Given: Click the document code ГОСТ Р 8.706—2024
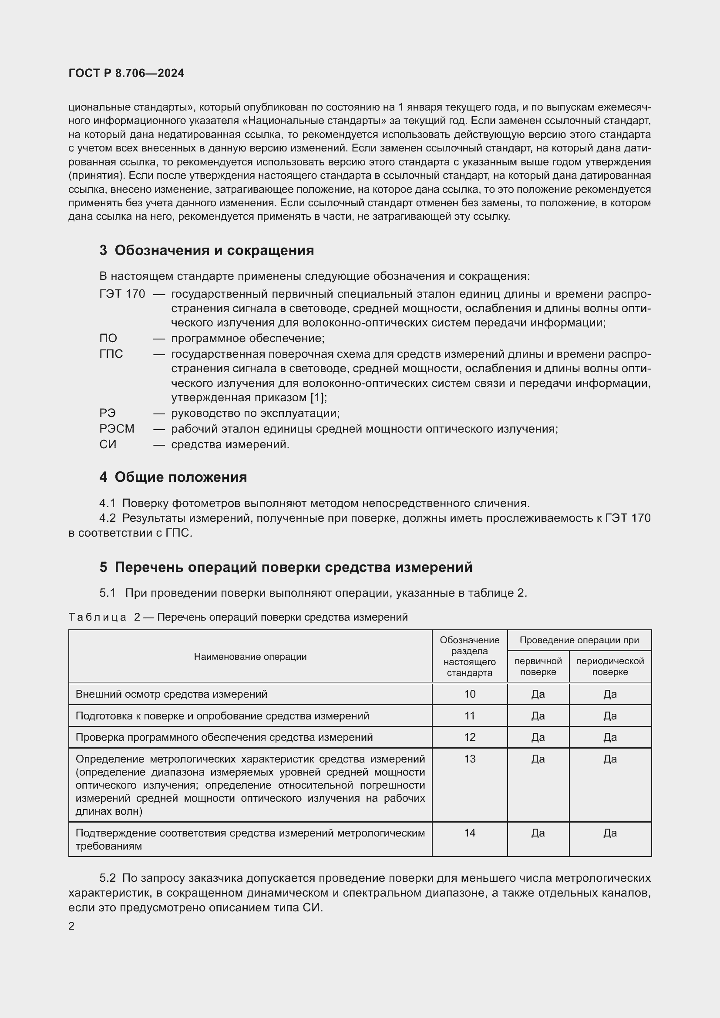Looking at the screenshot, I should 126,74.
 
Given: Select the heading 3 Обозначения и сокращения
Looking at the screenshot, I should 207,251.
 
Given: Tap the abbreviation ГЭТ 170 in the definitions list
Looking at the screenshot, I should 122,294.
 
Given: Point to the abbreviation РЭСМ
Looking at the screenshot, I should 117,429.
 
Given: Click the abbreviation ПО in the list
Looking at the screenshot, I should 108,338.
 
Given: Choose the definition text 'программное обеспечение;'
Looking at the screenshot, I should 248,338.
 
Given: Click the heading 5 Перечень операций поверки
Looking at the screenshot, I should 286,567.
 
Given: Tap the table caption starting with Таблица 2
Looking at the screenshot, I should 238,617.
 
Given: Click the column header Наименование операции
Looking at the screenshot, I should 250,657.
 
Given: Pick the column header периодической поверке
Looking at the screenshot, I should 609,666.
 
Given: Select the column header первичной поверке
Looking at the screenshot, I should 538,666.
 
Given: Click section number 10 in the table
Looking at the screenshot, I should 470,694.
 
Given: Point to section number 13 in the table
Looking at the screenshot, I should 470,759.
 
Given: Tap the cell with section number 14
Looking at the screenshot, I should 470,833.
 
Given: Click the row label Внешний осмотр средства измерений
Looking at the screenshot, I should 171,694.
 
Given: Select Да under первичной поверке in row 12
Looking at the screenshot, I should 538,737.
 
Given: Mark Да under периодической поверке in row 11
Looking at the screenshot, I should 609,716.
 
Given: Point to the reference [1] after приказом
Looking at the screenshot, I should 317,398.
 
